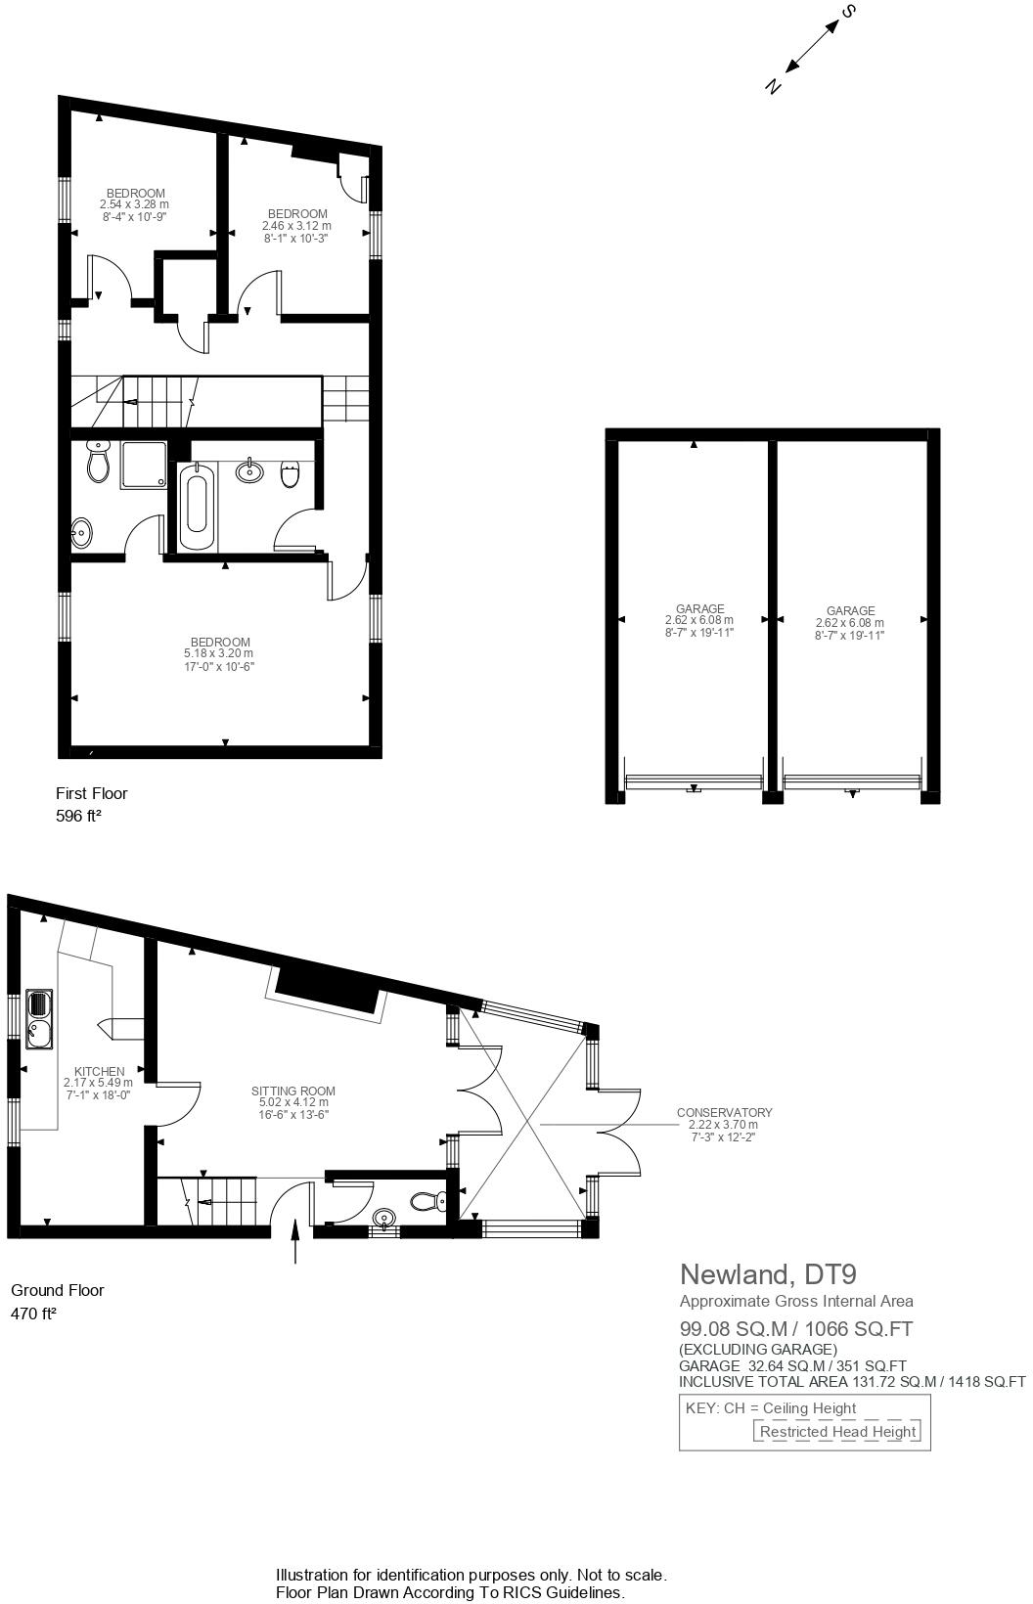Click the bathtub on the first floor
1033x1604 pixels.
196,507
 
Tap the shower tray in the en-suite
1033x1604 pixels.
143,465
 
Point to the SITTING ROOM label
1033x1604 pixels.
293,1091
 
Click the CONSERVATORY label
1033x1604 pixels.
724,1112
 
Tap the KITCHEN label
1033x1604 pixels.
100,1072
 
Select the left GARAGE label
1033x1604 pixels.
699,608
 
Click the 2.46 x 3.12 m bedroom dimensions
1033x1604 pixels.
296,226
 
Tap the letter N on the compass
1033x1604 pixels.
773,87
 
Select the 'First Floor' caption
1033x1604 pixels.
92,793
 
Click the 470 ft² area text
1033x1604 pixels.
33,1314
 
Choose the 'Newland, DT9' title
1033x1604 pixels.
768,1273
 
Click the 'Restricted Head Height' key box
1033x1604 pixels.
837,1432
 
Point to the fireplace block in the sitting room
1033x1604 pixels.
328,992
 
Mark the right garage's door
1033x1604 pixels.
853,780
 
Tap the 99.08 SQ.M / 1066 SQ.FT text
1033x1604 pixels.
796,1328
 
